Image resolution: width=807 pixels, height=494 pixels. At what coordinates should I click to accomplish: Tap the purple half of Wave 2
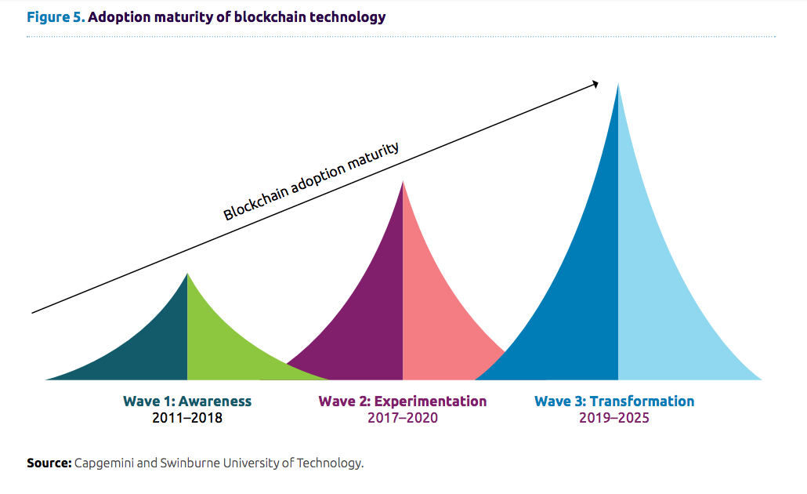368,314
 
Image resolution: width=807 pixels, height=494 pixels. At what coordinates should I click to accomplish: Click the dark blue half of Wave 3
580,298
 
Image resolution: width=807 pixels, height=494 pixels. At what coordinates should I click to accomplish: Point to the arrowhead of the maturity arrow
595,83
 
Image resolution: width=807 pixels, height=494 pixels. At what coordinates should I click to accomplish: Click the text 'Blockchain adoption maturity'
311,181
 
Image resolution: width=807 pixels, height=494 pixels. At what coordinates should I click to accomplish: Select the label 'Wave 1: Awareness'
187,401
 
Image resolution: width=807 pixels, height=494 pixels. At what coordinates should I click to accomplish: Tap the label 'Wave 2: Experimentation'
403,401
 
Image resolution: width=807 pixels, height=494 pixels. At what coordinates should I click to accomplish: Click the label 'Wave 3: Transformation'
614,401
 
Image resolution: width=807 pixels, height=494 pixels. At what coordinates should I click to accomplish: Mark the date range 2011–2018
187,418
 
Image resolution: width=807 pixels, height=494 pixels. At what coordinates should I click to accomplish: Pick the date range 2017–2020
403,418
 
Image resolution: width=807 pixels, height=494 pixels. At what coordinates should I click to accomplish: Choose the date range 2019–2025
614,418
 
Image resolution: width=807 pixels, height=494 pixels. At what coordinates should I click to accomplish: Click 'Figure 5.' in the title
55,16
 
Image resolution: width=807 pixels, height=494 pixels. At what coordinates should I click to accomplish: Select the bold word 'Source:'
49,463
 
